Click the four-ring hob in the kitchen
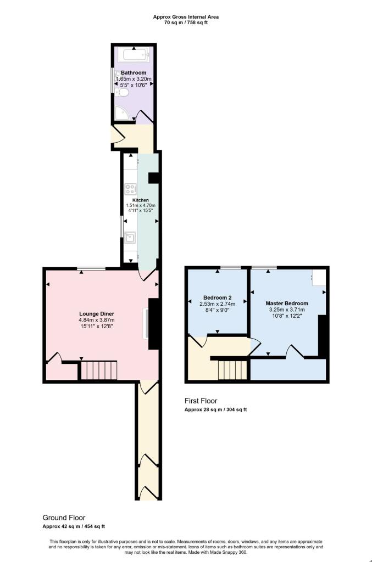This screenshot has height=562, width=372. point(131,189)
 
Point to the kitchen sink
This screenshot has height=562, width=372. point(131,238)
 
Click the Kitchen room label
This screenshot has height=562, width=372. point(141,200)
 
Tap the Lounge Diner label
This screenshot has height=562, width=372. point(96,314)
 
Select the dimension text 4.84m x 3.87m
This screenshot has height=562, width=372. point(96,320)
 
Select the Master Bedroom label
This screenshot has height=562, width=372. point(287,304)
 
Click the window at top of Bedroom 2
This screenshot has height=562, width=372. point(230,267)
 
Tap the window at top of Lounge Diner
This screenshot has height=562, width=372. point(91,268)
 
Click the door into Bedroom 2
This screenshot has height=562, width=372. point(197,341)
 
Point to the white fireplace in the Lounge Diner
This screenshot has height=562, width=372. point(146,323)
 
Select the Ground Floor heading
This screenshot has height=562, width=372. point(64,518)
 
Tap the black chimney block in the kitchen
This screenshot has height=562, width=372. point(154,178)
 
